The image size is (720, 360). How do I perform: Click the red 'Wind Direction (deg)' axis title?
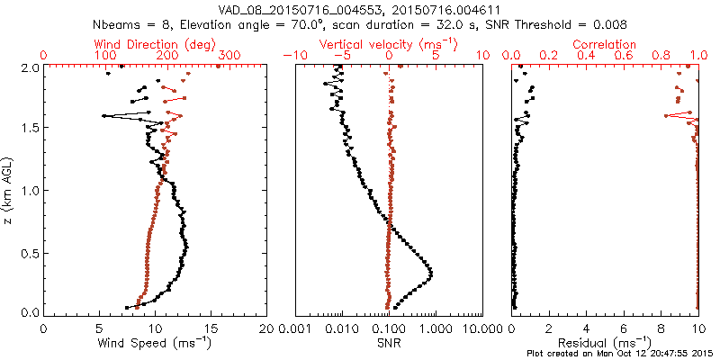(x=156, y=44)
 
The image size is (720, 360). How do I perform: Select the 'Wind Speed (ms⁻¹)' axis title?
(x=156, y=343)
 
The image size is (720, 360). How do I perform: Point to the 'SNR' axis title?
(x=389, y=343)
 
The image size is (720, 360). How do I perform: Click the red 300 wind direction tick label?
(x=229, y=56)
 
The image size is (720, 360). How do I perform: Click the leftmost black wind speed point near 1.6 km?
(x=105, y=116)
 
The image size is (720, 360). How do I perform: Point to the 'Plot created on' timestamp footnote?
(x=621, y=353)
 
